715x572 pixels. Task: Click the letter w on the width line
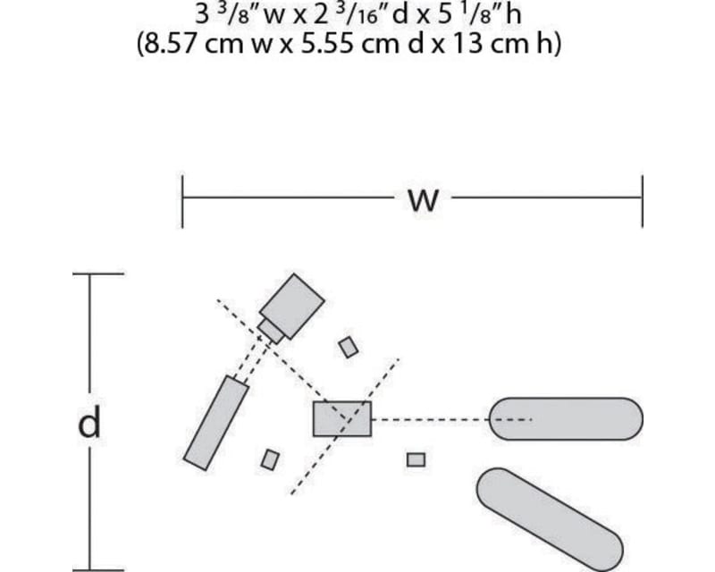click(x=423, y=200)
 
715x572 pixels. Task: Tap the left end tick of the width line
click(x=182, y=201)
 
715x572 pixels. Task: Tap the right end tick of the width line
click(x=643, y=201)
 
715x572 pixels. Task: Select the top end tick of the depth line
click(x=98, y=273)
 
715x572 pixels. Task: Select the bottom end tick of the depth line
click(x=98, y=569)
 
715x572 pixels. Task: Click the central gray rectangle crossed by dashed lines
click(x=342, y=419)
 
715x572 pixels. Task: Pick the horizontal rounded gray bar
click(x=566, y=419)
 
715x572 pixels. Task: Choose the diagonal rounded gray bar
click(x=550, y=519)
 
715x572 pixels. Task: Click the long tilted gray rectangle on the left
click(x=216, y=423)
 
